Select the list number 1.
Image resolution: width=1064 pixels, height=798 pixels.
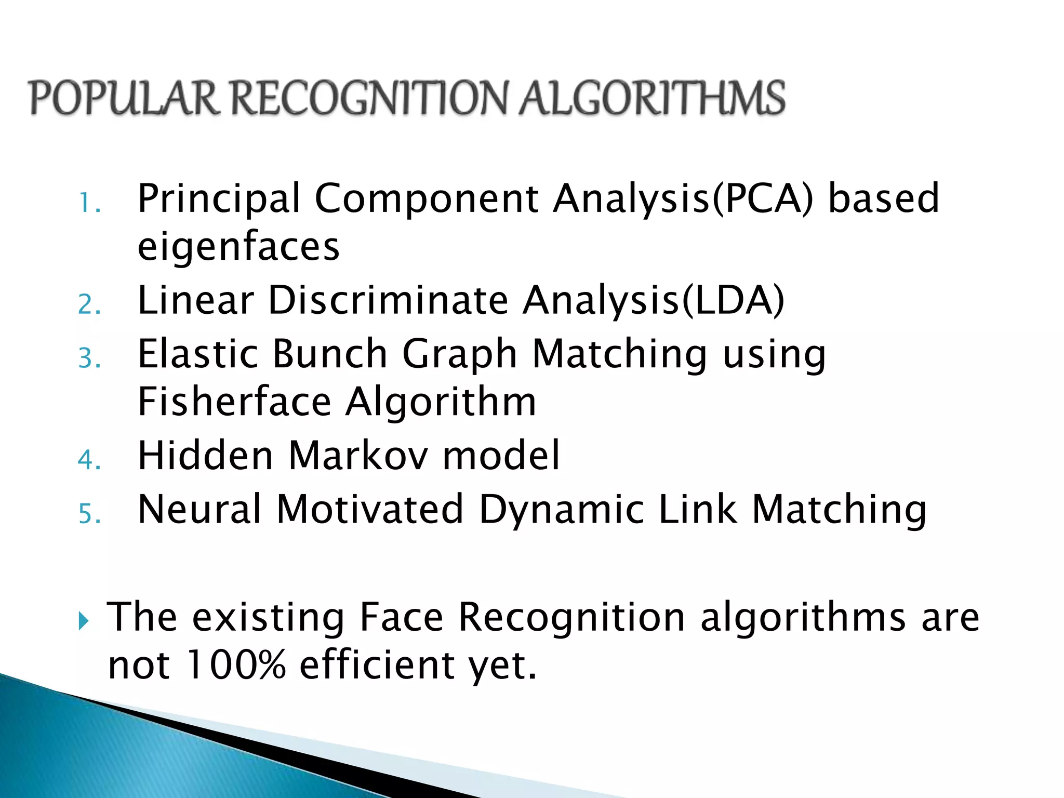point(88,203)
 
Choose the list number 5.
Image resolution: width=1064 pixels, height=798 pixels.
point(89,514)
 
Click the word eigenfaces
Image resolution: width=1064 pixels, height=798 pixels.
point(238,247)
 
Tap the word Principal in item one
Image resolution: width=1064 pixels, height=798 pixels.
point(219,199)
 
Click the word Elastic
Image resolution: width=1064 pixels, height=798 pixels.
point(197,354)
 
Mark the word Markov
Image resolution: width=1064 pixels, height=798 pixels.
point(358,456)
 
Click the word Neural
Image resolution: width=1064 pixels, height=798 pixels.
point(199,509)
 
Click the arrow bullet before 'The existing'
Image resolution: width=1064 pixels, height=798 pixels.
point(84,620)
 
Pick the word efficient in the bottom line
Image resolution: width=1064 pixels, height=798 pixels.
point(377,664)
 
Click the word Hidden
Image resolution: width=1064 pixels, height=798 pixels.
point(205,456)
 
